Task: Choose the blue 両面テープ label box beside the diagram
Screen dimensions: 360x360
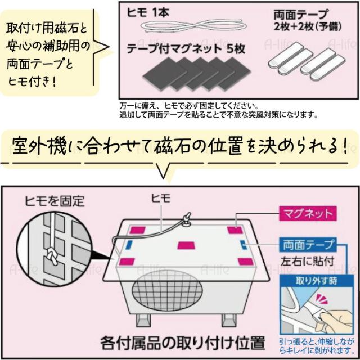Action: [307, 244]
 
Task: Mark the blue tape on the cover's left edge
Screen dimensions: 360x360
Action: [129, 245]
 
